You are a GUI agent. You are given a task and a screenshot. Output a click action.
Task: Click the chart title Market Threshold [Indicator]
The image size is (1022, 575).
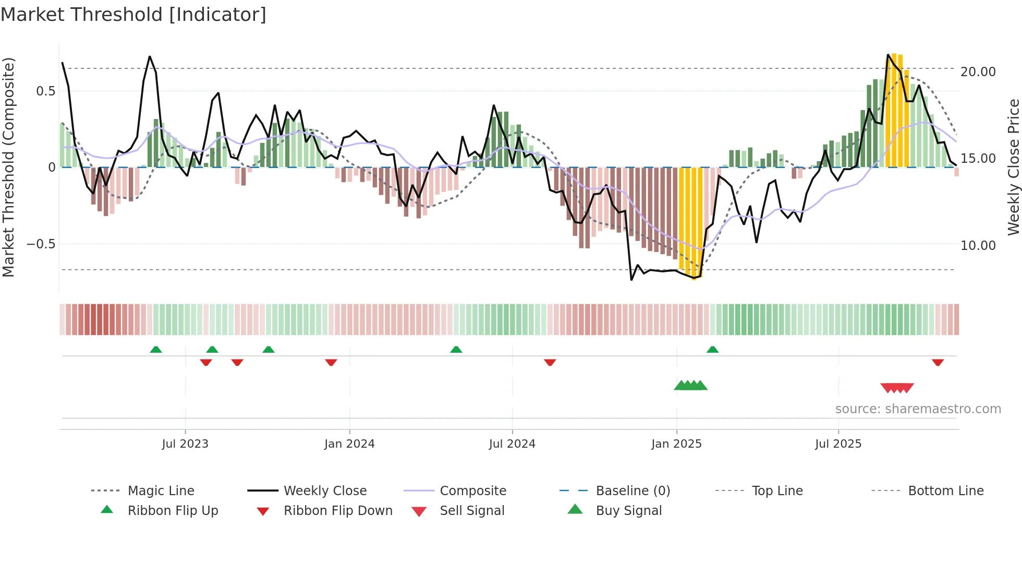(x=133, y=15)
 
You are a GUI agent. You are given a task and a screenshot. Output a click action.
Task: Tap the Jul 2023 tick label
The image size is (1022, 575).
(x=185, y=444)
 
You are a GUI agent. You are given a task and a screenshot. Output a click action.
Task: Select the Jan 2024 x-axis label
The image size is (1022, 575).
(x=349, y=444)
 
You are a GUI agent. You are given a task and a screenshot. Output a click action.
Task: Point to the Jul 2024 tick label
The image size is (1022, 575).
(x=512, y=444)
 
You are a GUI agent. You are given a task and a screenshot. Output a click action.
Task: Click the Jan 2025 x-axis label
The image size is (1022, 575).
(x=676, y=444)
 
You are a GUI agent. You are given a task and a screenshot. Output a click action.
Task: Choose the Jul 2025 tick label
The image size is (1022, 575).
(x=838, y=444)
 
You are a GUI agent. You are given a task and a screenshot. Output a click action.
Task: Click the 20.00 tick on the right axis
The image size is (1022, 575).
(x=978, y=72)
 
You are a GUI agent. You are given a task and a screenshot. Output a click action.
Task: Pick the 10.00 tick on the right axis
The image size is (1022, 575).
(x=978, y=245)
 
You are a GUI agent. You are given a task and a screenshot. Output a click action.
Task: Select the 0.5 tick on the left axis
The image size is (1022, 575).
(x=45, y=91)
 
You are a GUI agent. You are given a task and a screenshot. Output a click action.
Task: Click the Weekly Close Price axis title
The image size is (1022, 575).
(x=1013, y=167)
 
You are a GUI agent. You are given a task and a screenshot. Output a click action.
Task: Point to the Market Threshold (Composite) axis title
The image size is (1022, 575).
(x=8, y=167)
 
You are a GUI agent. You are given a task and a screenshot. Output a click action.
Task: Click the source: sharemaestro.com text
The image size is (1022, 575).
(x=918, y=409)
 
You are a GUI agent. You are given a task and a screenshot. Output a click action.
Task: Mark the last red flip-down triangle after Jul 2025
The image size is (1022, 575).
(x=938, y=363)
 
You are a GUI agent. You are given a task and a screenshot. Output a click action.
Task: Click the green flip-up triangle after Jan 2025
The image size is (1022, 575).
(x=712, y=350)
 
